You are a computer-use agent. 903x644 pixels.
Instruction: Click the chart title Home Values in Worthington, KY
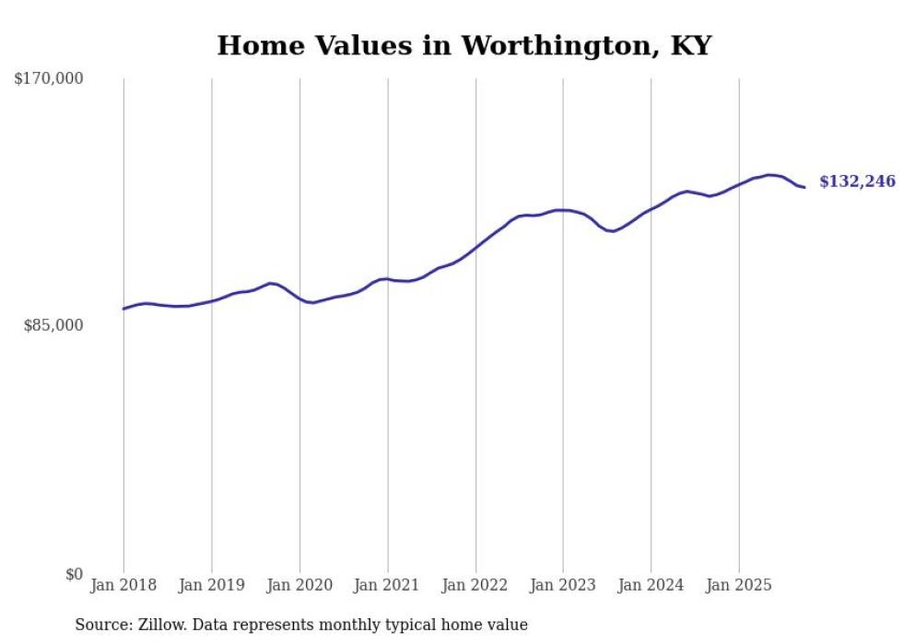pyautogui.click(x=463, y=45)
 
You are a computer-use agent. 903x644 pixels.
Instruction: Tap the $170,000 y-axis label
pyautogui.click(x=49, y=79)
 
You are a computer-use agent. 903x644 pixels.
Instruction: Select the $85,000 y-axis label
pyautogui.click(x=53, y=325)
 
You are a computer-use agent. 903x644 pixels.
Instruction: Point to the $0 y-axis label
pyautogui.click(x=74, y=574)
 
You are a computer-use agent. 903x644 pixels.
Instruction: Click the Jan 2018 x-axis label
pyautogui.click(x=123, y=585)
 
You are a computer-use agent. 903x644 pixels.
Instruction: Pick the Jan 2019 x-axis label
pyautogui.click(x=212, y=585)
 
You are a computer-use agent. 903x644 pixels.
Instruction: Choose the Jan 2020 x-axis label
pyautogui.click(x=299, y=585)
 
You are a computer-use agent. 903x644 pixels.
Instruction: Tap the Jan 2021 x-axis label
pyautogui.click(x=388, y=585)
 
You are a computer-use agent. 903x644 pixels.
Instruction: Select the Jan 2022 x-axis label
pyautogui.click(x=475, y=585)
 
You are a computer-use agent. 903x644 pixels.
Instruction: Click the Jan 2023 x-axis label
pyautogui.click(x=564, y=585)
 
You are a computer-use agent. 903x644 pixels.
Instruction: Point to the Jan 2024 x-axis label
pyautogui.click(x=651, y=585)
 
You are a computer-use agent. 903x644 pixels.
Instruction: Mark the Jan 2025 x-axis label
pyautogui.click(x=739, y=585)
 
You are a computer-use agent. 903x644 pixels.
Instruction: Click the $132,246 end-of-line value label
pyautogui.click(x=857, y=181)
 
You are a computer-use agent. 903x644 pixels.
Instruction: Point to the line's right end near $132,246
pyautogui.click(x=804, y=187)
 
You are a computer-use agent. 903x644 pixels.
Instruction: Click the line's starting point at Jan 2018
pyautogui.click(x=123, y=309)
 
